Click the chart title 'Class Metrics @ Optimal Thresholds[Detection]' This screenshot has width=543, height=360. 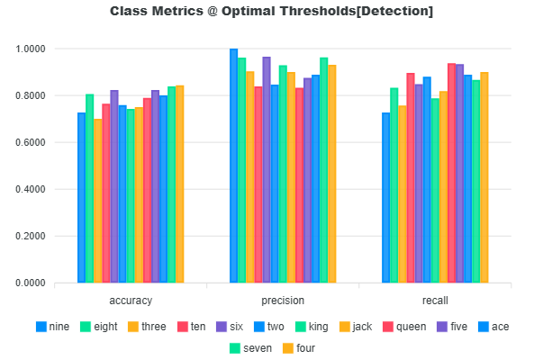(271, 12)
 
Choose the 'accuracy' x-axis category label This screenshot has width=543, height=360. (131, 301)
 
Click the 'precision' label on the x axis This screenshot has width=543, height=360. (283, 301)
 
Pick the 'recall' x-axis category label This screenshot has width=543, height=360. (435, 301)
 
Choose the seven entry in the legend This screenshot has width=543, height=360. (251, 347)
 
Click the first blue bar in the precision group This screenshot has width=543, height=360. (234, 166)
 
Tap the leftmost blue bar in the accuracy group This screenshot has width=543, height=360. (82, 198)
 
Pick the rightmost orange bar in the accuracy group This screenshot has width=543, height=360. (180, 184)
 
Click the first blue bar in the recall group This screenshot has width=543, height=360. (386, 198)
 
